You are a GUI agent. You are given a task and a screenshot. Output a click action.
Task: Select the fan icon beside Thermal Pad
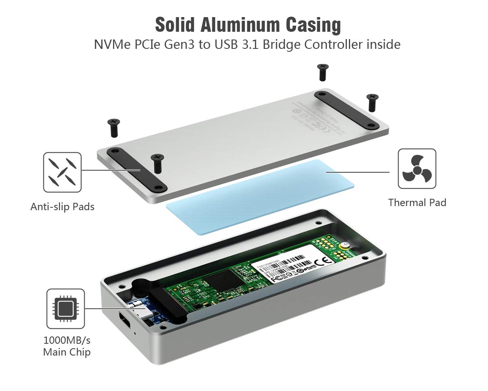point(417,169)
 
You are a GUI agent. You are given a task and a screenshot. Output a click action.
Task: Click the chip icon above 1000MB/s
point(65,308)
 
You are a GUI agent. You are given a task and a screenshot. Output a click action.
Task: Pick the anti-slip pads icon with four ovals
point(62,172)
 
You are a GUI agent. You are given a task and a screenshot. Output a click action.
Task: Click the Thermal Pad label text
point(417,202)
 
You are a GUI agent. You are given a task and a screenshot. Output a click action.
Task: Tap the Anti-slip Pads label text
point(62,206)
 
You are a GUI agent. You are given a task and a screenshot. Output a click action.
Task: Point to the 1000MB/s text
point(67,340)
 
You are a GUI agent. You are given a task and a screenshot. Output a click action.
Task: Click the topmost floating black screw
point(323,72)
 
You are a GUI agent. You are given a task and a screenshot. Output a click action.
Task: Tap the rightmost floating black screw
point(372,102)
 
